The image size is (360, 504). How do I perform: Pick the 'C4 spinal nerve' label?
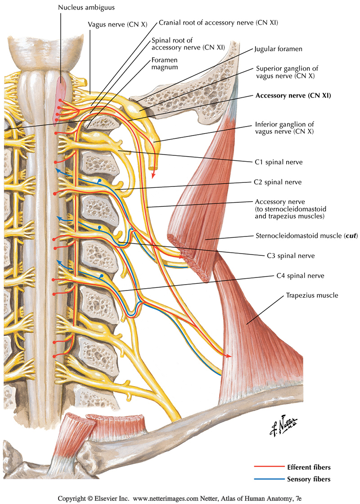[x=299, y=276]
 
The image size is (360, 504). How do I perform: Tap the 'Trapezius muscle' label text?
[x=311, y=296]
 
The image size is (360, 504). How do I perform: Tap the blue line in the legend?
[x=269, y=479]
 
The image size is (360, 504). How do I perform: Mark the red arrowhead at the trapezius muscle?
[x=229, y=356]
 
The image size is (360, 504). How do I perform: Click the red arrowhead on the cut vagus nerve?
[x=154, y=175]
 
